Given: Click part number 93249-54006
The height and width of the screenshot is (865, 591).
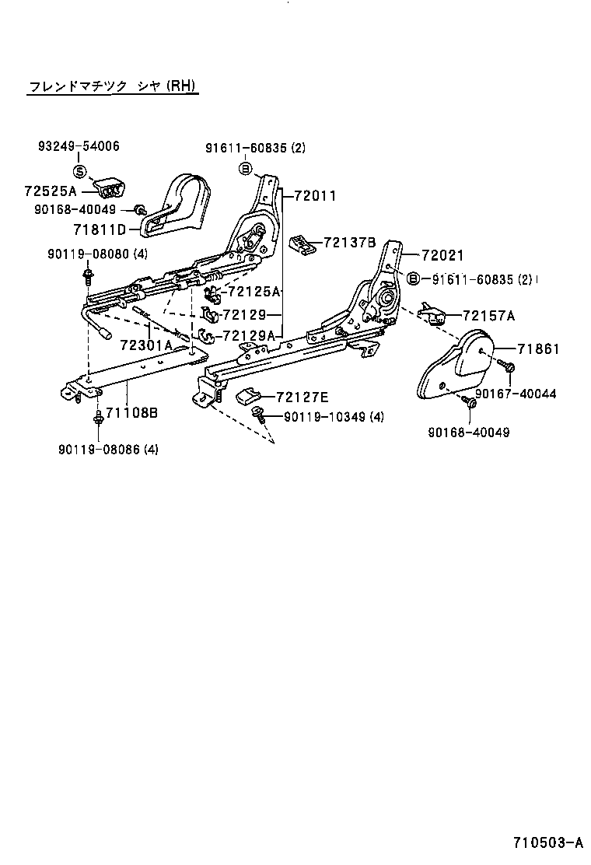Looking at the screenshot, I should tap(79, 146).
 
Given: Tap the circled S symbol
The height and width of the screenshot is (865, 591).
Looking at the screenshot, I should tap(79, 171).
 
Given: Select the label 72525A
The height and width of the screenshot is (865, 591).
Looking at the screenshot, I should tap(51, 191).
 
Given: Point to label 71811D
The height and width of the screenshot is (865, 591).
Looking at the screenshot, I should tap(100, 229).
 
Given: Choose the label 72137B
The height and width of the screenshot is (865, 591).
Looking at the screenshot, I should tap(350, 243).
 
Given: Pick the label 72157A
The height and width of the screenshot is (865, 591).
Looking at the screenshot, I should tap(488, 316).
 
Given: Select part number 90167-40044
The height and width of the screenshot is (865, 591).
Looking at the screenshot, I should tap(516, 394).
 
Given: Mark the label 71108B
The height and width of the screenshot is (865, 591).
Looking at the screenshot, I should tap(131, 412).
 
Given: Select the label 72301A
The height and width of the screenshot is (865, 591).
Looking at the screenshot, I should tap(146, 345).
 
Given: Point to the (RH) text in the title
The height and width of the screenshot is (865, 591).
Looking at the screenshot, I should tap(182, 86).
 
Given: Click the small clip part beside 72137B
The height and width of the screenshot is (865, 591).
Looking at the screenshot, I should tap(302, 243).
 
